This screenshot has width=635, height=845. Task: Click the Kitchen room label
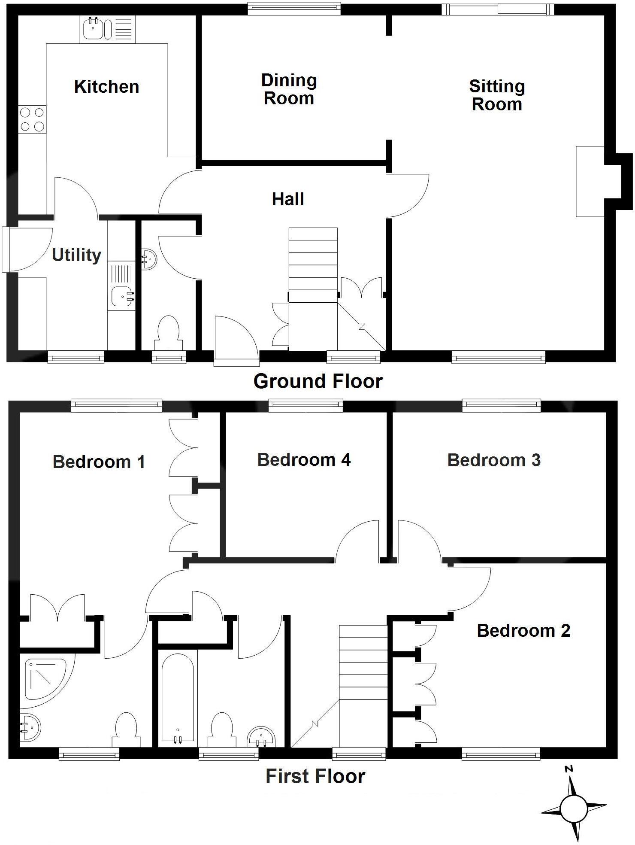pyautogui.click(x=106, y=87)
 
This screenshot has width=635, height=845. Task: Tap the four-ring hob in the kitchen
pyautogui.click(x=32, y=119)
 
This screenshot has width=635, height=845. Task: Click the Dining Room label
pyautogui.click(x=289, y=89)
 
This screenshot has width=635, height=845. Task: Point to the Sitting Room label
pyautogui.click(x=497, y=95)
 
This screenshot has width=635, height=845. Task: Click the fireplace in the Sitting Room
pyautogui.click(x=590, y=181)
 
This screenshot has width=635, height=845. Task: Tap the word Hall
pyautogui.click(x=288, y=199)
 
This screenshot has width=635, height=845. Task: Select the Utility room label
pyautogui.click(x=76, y=255)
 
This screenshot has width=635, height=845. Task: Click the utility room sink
pyautogui.click(x=122, y=296)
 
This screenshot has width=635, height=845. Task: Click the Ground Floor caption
pyautogui.click(x=317, y=381)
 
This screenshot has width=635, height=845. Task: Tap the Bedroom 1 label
pyautogui.click(x=99, y=462)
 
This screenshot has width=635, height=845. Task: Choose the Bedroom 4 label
pyautogui.click(x=304, y=460)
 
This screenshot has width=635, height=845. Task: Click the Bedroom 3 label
pyautogui.click(x=493, y=460)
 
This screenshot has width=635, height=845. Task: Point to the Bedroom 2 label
pyautogui.click(x=523, y=631)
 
